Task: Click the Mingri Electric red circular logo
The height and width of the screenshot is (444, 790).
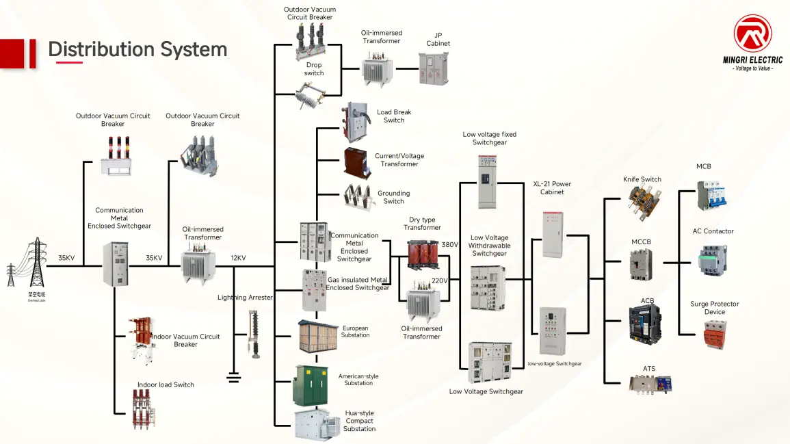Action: point(752,34)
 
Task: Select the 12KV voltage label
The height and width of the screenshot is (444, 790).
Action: point(238,258)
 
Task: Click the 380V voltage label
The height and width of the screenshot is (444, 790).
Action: point(449,244)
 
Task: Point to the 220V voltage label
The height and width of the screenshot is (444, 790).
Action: point(439,280)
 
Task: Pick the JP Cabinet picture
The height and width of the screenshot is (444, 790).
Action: point(434,68)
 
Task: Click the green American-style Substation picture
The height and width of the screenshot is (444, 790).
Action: point(315,384)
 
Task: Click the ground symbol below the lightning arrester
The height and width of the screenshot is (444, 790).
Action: point(234,376)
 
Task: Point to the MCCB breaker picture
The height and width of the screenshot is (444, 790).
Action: point(641,265)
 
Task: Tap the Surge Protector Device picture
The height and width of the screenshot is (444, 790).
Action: point(713,335)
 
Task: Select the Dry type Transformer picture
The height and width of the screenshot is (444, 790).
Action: point(423,254)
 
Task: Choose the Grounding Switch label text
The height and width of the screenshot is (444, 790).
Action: point(393,197)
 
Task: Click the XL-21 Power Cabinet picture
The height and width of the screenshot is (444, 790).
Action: point(553,235)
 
